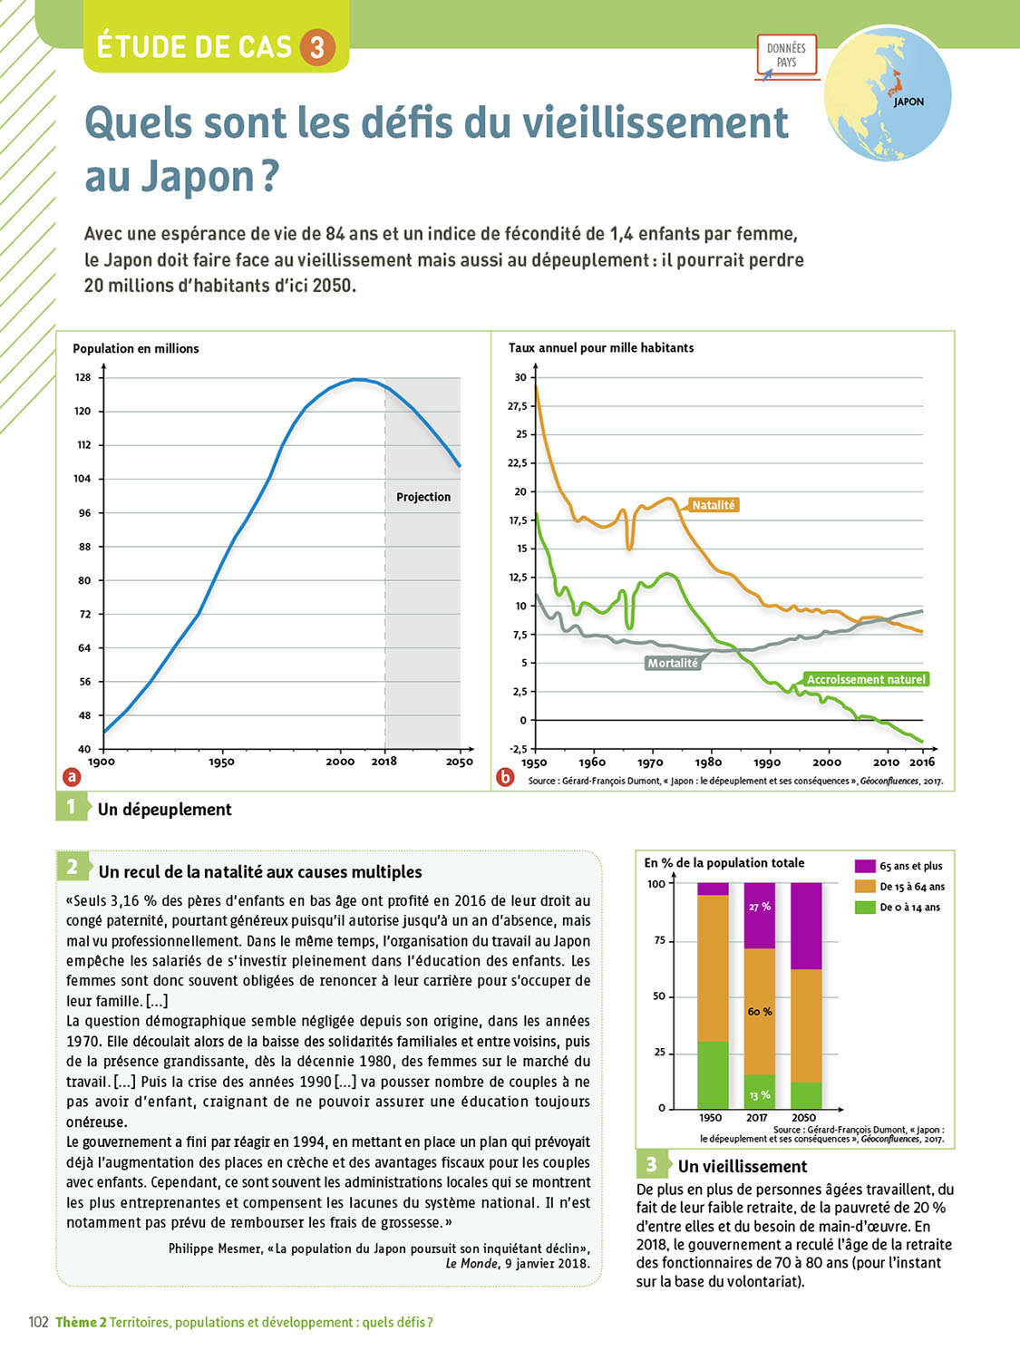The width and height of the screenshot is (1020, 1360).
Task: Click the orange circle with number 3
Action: pyautogui.click(x=316, y=47)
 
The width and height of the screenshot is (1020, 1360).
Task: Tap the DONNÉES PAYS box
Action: pyautogui.click(x=786, y=55)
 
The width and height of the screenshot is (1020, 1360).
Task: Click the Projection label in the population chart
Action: pyautogui.click(x=423, y=497)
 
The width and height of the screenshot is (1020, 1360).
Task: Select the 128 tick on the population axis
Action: pyautogui.click(x=83, y=377)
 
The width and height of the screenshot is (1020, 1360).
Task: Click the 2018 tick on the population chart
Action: pyautogui.click(x=384, y=762)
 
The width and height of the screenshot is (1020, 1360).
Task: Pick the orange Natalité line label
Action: pyautogui.click(x=713, y=505)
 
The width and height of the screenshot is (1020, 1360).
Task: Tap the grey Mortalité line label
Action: pyautogui.click(x=673, y=663)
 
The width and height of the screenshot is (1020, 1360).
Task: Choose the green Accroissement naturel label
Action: pyautogui.click(x=866, y=679)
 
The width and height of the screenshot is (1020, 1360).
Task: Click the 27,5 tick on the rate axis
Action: pyautogui.click(x=517, y=406)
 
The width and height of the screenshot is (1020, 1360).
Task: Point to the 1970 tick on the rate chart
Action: pyautogui.click(x=650, y=763)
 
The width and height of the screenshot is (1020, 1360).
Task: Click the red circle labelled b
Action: pyautogui.click(x=506, y=777)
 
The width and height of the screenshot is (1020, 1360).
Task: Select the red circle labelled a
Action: pyautogui.click(x=71, y=777)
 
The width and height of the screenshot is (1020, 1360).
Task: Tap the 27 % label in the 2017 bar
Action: pyautogui.click(x=760, y=907)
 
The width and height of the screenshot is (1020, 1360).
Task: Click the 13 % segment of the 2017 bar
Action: pyautogui.click(x=760, y=1093)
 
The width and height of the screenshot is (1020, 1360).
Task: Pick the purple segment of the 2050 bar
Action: pyautogui.click(x=806, y=926)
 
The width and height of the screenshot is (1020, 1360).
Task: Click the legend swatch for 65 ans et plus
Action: pyautogui.click(x=865, y=866)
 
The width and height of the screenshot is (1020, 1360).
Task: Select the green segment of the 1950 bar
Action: pyautogui.click(x=713, y=1074)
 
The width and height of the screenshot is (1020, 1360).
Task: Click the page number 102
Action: pyautogui.click(x=38, y=1322)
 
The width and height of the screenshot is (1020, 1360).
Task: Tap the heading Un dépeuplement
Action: pyautogui.click(x=164, y=810)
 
